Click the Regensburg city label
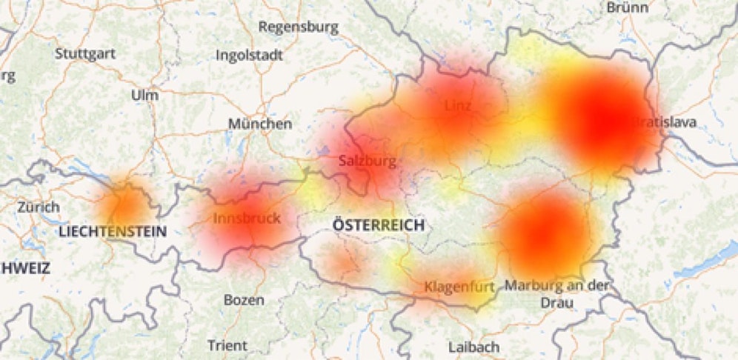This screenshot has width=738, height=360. (x=298, y=27)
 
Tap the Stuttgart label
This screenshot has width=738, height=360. (x=84, y=53)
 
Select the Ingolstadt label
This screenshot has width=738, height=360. (x=249, y=55)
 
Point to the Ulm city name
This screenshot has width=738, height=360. (x=144, y=96)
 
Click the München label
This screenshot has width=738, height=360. (x=259, y=124)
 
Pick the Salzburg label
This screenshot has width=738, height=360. (x=367, y=160)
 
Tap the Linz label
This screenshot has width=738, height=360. (x=458, y=106)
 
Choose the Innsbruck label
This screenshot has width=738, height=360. (x=247, y=218)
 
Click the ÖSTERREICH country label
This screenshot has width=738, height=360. (x=378, y=224)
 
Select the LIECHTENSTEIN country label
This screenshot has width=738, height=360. (x=113, y=232)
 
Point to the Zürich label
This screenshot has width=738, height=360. (x=38, y=207)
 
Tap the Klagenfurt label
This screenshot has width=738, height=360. (x=459, y=286)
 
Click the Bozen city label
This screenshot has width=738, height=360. (x=243, y=300)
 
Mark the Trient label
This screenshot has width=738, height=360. (x=227, y=345)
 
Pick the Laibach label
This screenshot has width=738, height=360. (x=473, y=346)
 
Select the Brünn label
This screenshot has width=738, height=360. (x=627, y=7)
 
